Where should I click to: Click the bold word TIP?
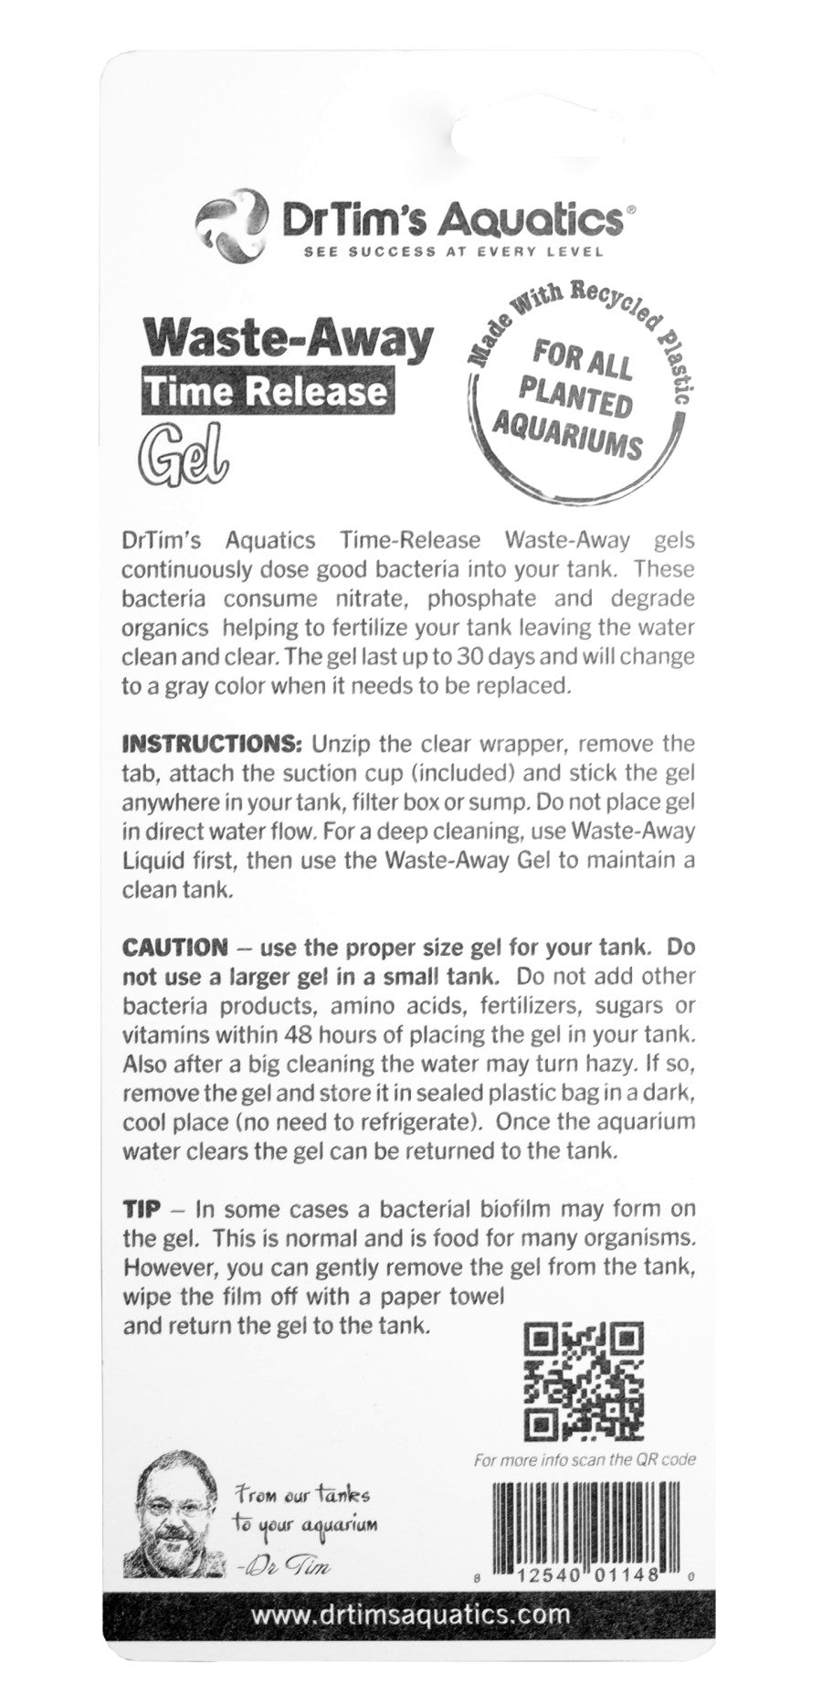pos(142,1209)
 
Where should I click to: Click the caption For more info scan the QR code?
pos(585,1459)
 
